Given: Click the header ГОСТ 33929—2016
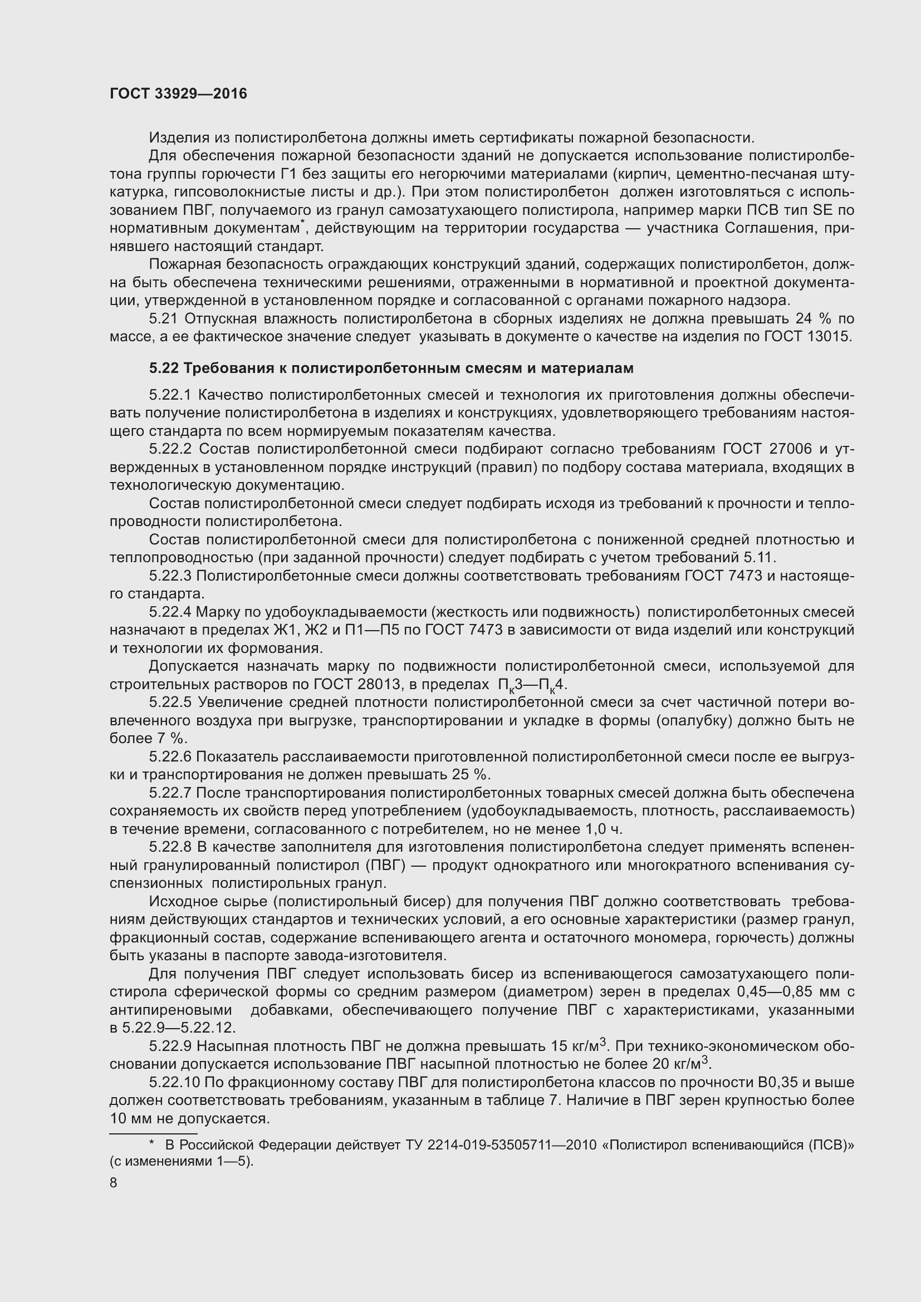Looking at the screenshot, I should point(178,94).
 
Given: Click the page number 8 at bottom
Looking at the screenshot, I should point(114,1182).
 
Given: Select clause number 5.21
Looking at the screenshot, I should point(164,319).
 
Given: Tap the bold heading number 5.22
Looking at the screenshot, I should point(164,368).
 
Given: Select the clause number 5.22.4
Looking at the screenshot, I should point(171,612).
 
